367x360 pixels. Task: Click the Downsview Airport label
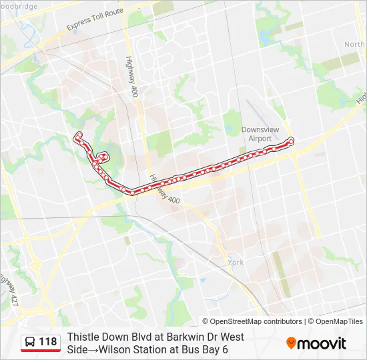pos(256,134)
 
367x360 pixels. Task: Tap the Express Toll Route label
pos(95,19)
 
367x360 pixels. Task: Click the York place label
pos(236,263)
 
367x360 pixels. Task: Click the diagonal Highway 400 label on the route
pos(164,190)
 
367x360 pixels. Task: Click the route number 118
pos(48,342)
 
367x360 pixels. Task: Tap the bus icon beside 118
pos(30,343)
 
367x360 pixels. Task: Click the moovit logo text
pos(322,343)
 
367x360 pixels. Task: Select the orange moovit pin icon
pos(291,343)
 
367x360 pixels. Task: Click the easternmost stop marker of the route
pos(290,141)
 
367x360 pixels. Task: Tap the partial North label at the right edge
pos(354,44)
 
